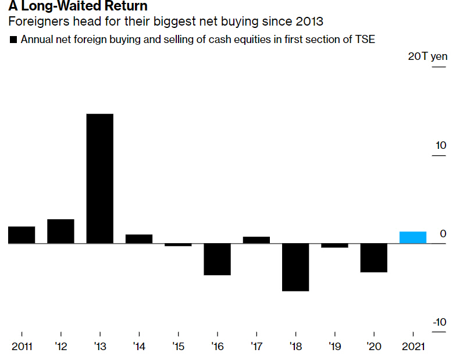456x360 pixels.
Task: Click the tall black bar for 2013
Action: [99, 179]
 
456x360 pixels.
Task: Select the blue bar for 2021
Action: [413, 237]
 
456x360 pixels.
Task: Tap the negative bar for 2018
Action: [295, 267]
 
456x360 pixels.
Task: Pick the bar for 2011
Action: [22, 235]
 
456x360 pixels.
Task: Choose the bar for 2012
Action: [60, 231]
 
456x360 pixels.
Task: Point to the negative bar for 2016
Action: [217, 259]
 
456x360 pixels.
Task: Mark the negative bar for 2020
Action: [373, 258]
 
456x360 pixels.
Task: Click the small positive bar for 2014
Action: [139, 239]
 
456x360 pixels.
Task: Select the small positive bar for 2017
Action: [256, 240]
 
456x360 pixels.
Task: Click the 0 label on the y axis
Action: [443, 234]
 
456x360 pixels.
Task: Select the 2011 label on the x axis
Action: [22, 347]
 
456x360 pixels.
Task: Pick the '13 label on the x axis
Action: [100, 347]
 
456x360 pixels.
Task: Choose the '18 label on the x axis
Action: [295, 347]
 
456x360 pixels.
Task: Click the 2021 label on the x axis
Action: [413, 347]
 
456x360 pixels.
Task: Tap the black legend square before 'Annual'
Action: [13, 40]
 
